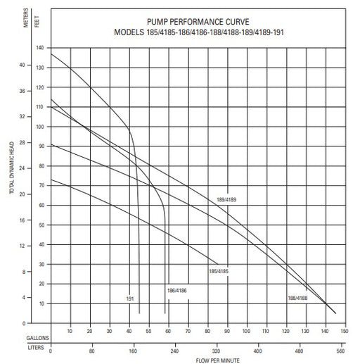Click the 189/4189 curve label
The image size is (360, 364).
[x=226, y=200]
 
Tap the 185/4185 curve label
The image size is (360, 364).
[x=219, y=271]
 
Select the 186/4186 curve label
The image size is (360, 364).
[x=177, y=291]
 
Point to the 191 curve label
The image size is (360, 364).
[x=130, y=299]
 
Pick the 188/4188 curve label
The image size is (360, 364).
[x=297, y=298]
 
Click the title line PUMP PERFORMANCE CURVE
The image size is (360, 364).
[x=198, y=22]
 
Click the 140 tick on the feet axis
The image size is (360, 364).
[x=40, y=48]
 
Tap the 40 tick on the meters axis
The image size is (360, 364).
[x=22, y=65]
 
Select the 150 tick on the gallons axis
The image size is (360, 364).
[x=345, y=331]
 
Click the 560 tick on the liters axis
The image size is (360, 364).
[x=340, y=351]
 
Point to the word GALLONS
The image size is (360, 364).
[x=38, y=338]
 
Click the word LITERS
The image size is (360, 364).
[x=36, y=348]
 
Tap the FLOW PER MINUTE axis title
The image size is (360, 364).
[x=218, y=360]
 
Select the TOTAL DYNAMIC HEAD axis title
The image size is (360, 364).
[x=12, y=168]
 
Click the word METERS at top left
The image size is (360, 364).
[x=26, y=18]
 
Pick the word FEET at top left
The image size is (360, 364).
[x=37, y=22]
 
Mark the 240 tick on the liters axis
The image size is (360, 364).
[x=174, y=351]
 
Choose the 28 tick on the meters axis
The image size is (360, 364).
[x=22, y=142]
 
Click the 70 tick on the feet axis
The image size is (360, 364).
[x=41, y=185]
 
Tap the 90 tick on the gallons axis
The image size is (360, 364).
[x=227, y=331]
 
